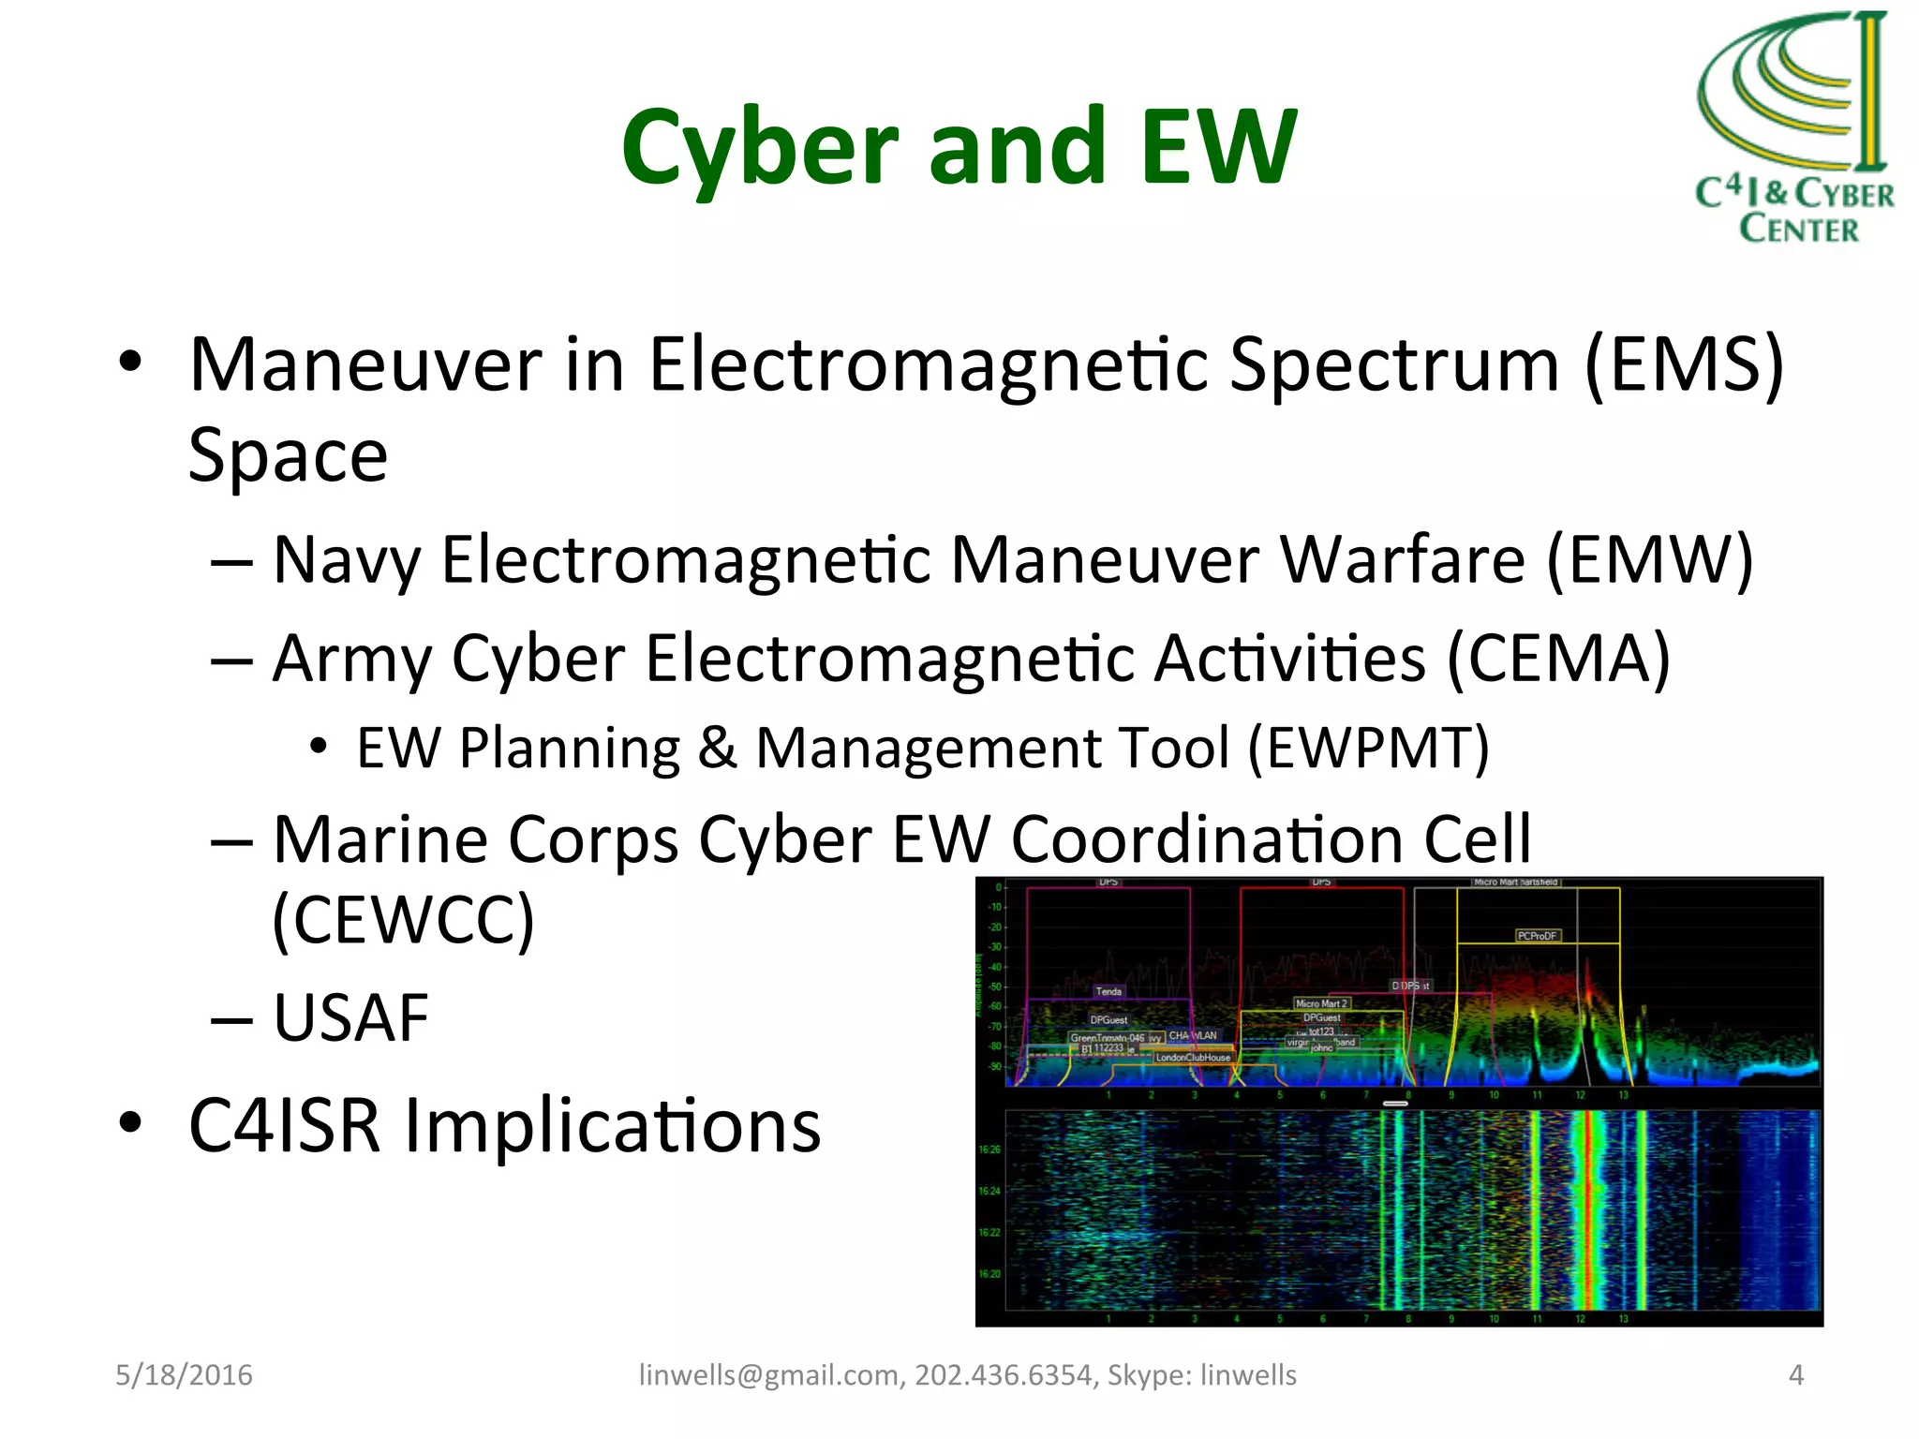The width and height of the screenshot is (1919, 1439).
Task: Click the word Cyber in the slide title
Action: pos(759,148)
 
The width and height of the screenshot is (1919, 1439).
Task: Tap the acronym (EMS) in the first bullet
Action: pos(1684,365)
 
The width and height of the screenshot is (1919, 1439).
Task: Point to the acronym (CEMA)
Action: pos(1558,659)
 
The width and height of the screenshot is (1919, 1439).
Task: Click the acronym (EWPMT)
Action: pos(1368,749)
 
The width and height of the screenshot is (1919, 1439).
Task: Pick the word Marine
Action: pos(379,839)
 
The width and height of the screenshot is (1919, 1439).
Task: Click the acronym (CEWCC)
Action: pos(403,920)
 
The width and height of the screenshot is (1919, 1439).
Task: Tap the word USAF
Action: pos(350,1018)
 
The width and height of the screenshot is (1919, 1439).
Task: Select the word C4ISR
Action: pos(284,1125)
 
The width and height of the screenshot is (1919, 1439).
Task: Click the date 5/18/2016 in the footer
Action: pos(184,1374)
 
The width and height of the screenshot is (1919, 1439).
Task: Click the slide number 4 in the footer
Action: pos(1795,1374)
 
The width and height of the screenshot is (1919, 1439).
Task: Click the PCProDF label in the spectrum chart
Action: pos(1537,936)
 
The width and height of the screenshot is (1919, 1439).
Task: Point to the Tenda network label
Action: pos(1108,991)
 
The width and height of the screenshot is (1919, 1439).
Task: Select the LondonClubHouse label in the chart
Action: pos(1193,1058)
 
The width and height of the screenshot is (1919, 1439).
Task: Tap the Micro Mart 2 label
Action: pos(1321,1003)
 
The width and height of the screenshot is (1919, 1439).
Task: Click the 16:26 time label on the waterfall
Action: pos(989,1150)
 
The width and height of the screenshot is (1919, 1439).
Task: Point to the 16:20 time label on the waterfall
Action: pos(989,1274)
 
